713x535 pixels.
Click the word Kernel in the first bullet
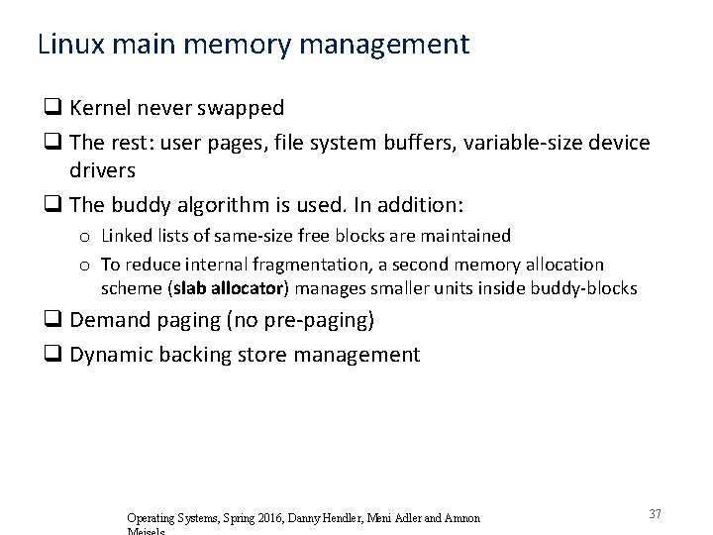(x=105, y=107)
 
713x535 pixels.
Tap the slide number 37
(x=655, y=513)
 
